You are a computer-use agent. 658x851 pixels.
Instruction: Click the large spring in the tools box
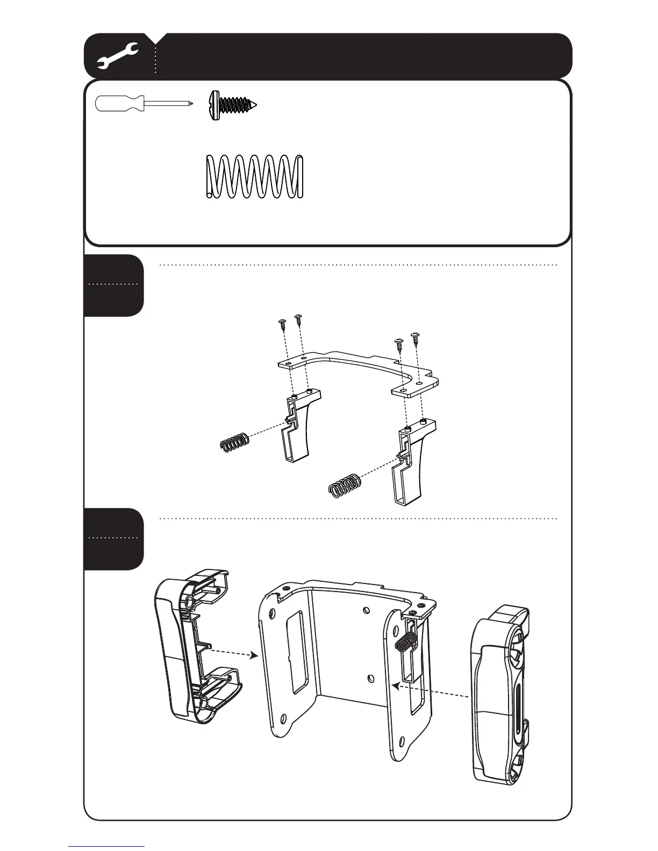(255, 177)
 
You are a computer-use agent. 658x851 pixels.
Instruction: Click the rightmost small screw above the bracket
(415, 338)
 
